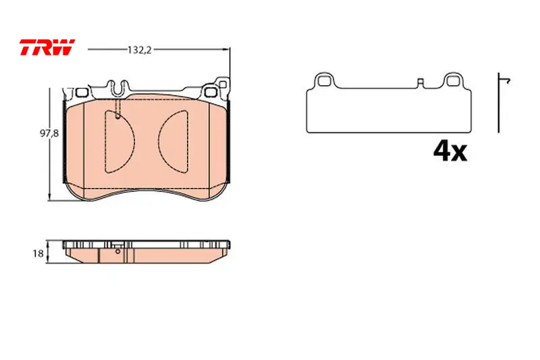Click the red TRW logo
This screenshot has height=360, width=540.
47,47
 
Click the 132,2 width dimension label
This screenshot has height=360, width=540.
140,50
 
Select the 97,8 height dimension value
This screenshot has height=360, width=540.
49,133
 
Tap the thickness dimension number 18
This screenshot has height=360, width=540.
38,254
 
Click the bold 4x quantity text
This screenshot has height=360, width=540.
450,151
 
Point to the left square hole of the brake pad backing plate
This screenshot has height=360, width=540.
81,93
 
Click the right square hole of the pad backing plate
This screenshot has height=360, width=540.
210,92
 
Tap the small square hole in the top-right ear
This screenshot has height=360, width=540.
223,84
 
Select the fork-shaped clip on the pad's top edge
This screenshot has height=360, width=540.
117,88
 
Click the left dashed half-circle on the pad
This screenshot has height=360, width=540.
119,142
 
